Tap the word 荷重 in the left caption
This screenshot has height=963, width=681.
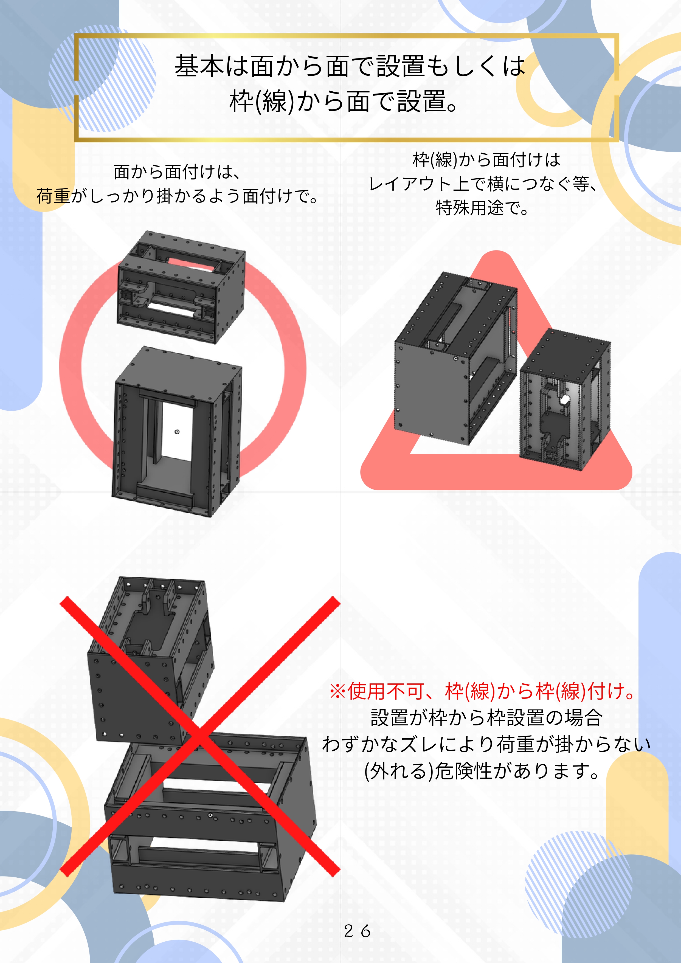tap(53, 196)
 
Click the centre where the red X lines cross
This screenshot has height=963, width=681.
tap(200, 736)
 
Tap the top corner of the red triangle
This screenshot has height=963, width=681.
tap(497, 252)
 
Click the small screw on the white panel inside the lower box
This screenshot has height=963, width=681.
tap(177, 432)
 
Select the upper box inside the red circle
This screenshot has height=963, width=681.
tap(181, 287)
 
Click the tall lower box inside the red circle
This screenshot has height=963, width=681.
tap(177, 432)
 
